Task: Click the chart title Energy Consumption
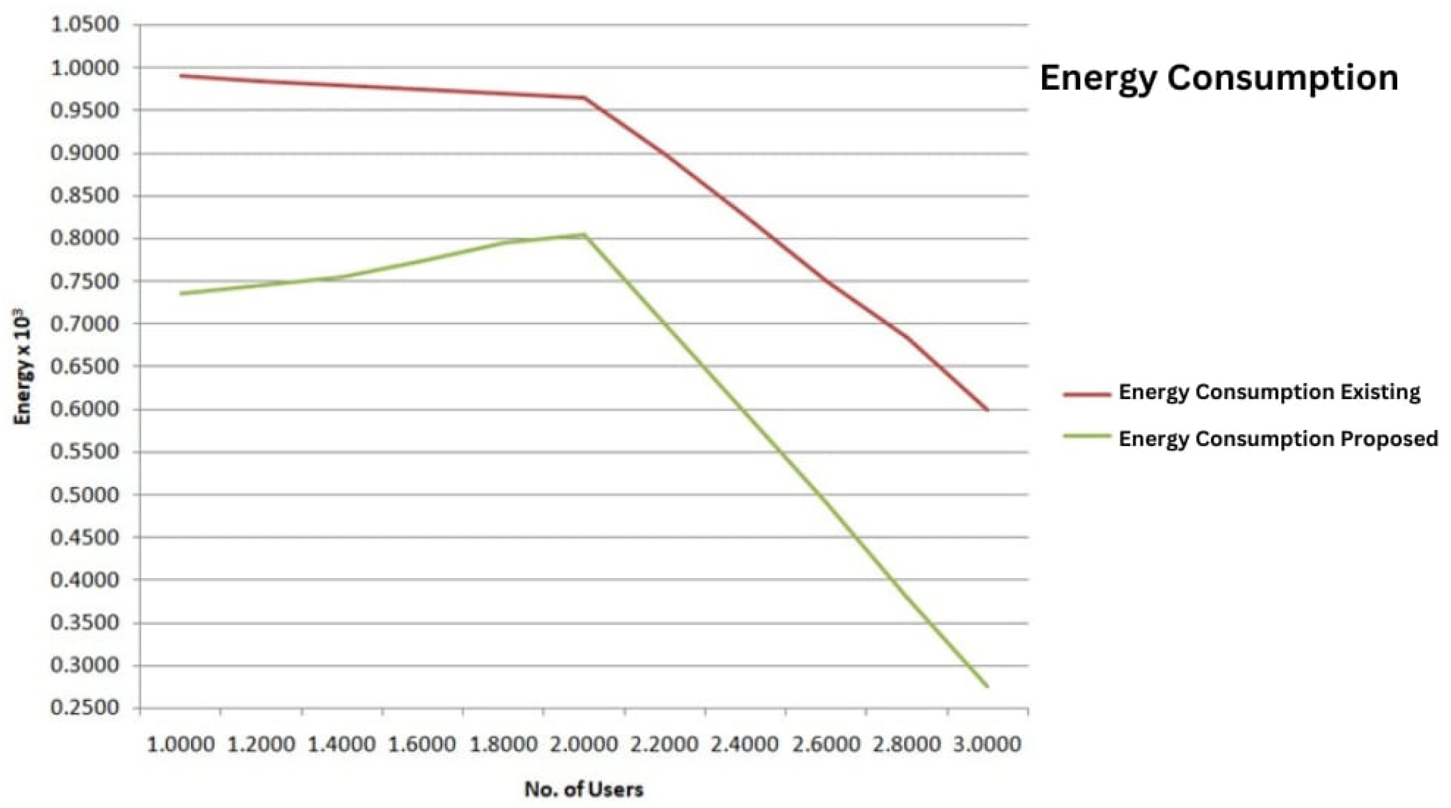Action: click(1218, 78)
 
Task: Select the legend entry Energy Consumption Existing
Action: click(1269, 392)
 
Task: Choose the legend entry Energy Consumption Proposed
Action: click(1278, 439)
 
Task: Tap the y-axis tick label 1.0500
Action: click(85, 25)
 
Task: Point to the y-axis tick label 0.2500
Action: click(85, 708)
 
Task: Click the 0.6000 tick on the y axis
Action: click(85, 409)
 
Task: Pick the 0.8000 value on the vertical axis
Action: click(85, 238)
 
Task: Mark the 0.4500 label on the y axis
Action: click(85, 537)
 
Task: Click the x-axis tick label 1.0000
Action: click(181, 745)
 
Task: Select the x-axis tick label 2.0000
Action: click(584, 745)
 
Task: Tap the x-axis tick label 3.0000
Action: click(987, 745)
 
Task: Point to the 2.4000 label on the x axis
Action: click(745, 745)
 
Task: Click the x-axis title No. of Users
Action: click(584, 790)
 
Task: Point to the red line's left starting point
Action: click(181, 75)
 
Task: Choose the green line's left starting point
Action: click(181, 293)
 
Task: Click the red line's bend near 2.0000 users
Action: click(585, 98)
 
